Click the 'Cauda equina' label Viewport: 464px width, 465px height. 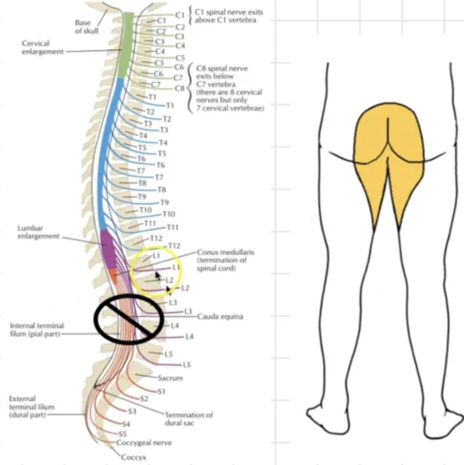tap(220, 316)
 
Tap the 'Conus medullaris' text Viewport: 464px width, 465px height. tap(225, 252)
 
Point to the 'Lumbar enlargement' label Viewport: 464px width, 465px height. tap(38, 232)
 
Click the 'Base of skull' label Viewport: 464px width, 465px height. tap(86, 26)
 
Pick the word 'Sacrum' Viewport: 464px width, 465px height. tap(170, 378)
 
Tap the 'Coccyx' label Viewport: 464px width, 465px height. tap(134, 457)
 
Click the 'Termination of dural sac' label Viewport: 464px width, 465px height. tap(189, 419)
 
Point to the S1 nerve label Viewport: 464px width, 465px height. tap(161, 392)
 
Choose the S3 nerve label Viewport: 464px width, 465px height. tap(132, 411)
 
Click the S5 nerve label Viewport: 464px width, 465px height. tap(122, 434)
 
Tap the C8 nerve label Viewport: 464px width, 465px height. tap(180, 88)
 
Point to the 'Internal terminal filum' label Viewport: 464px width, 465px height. tap(37, 330)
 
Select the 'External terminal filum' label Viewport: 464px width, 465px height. tap(31, 407)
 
